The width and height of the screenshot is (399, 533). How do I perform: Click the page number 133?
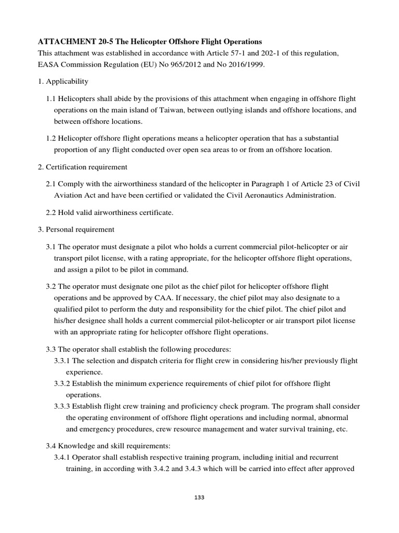tap(199, 498)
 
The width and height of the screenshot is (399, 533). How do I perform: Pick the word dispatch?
tap(146, 361)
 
